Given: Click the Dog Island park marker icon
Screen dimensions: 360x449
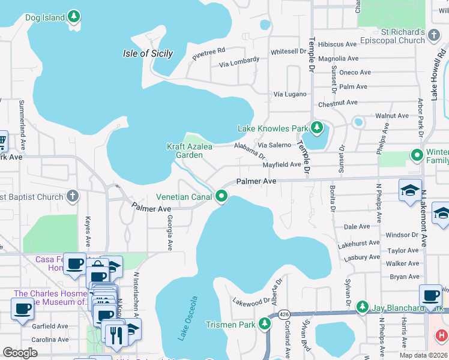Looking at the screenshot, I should (x=74, y=17).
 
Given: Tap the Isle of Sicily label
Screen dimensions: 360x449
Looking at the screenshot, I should (x=148, y=53).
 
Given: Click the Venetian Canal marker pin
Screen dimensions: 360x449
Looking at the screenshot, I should (x=221, y=196).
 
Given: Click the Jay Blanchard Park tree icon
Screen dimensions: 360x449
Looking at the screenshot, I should (x=362, y=308).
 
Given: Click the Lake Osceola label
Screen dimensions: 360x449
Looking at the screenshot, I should (x=187, y=318).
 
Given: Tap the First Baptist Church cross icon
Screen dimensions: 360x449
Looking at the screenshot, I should (x=72, y=196).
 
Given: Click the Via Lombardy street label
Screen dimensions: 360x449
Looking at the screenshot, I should (x=240, y=62).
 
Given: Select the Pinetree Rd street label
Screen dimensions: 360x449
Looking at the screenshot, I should (x=208, y=54).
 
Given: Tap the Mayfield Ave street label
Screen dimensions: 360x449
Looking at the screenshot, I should (x=282, y=164).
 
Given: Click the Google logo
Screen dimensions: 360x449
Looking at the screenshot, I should (x=20, y=353).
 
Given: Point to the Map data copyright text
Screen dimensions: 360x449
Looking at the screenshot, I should (x=423, y=355).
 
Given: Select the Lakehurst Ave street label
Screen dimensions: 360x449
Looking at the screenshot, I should (x=358, y=244).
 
